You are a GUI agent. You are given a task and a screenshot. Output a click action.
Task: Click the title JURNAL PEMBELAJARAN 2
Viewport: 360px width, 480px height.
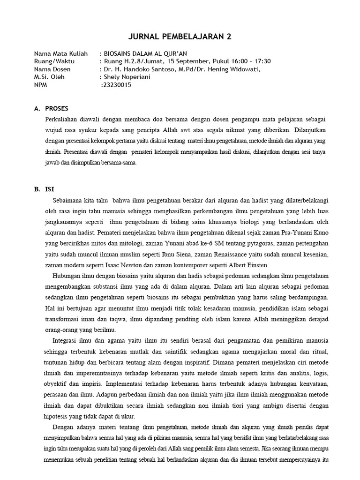180,37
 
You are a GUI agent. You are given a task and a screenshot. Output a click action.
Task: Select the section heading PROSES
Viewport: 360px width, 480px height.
56,108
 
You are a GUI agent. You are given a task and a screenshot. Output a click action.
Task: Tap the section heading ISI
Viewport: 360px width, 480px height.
49,189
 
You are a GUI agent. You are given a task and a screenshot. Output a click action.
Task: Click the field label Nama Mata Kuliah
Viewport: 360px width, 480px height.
60,53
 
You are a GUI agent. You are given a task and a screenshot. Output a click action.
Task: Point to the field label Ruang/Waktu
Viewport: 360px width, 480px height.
53,61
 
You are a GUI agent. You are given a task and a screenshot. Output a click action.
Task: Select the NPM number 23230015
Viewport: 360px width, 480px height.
118,85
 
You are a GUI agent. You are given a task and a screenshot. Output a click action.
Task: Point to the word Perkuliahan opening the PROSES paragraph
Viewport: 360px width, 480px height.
63,120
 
